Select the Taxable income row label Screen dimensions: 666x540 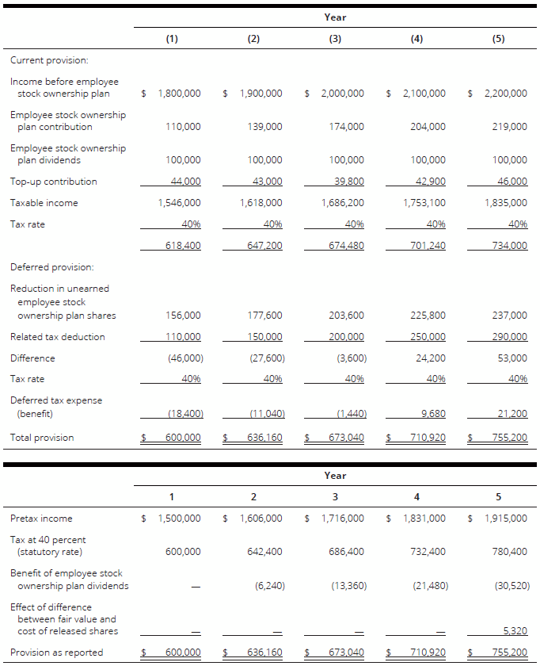pos(44,203)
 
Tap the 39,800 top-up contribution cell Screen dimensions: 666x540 pos(346,182)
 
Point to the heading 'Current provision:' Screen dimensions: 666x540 pos(49,60)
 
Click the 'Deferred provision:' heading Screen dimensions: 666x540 pos(52,267)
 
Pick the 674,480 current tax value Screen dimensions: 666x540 pos(346,246)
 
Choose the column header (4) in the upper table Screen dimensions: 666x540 pos(417,39)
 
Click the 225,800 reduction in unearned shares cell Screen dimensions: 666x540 pos(428,316)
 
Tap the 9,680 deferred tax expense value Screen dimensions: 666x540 pos(432,413)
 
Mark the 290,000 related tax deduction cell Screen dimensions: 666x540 pos(509,337)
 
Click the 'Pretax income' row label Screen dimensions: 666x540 pos(41,519)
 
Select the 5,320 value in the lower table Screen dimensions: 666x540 pos(515,631)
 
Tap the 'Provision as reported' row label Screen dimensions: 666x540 pos(56,653)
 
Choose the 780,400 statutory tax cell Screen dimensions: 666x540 pos(509,552)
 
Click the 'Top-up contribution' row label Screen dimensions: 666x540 pos(54,182)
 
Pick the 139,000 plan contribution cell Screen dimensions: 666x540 pos(264,127)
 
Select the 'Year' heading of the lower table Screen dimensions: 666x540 pos(335,476)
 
